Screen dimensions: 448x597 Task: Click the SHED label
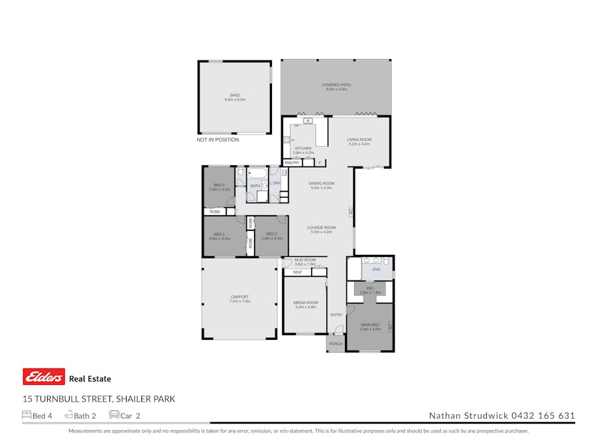click(235, 95)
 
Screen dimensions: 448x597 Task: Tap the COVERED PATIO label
click(336, 85)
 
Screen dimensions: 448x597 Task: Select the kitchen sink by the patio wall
click(308, 121)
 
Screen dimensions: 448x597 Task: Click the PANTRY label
click(292, 163)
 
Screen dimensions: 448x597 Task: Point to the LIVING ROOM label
click(359, 139)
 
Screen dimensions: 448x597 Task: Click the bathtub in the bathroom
click(256, 177)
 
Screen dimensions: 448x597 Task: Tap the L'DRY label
click(275, 183)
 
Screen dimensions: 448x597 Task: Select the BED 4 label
click(219, 185)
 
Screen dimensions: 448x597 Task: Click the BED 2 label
click(271, 234)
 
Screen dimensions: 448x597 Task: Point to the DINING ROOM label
click(321, 183)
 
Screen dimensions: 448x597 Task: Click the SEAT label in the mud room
click(297, 272)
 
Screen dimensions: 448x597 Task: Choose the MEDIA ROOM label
click(305, 303)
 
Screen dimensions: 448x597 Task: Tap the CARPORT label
click(239, 297)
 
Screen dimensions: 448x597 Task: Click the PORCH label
click(336, 344)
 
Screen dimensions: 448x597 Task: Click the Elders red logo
click(44, 377)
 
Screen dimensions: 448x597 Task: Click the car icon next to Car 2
click(114, 415)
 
